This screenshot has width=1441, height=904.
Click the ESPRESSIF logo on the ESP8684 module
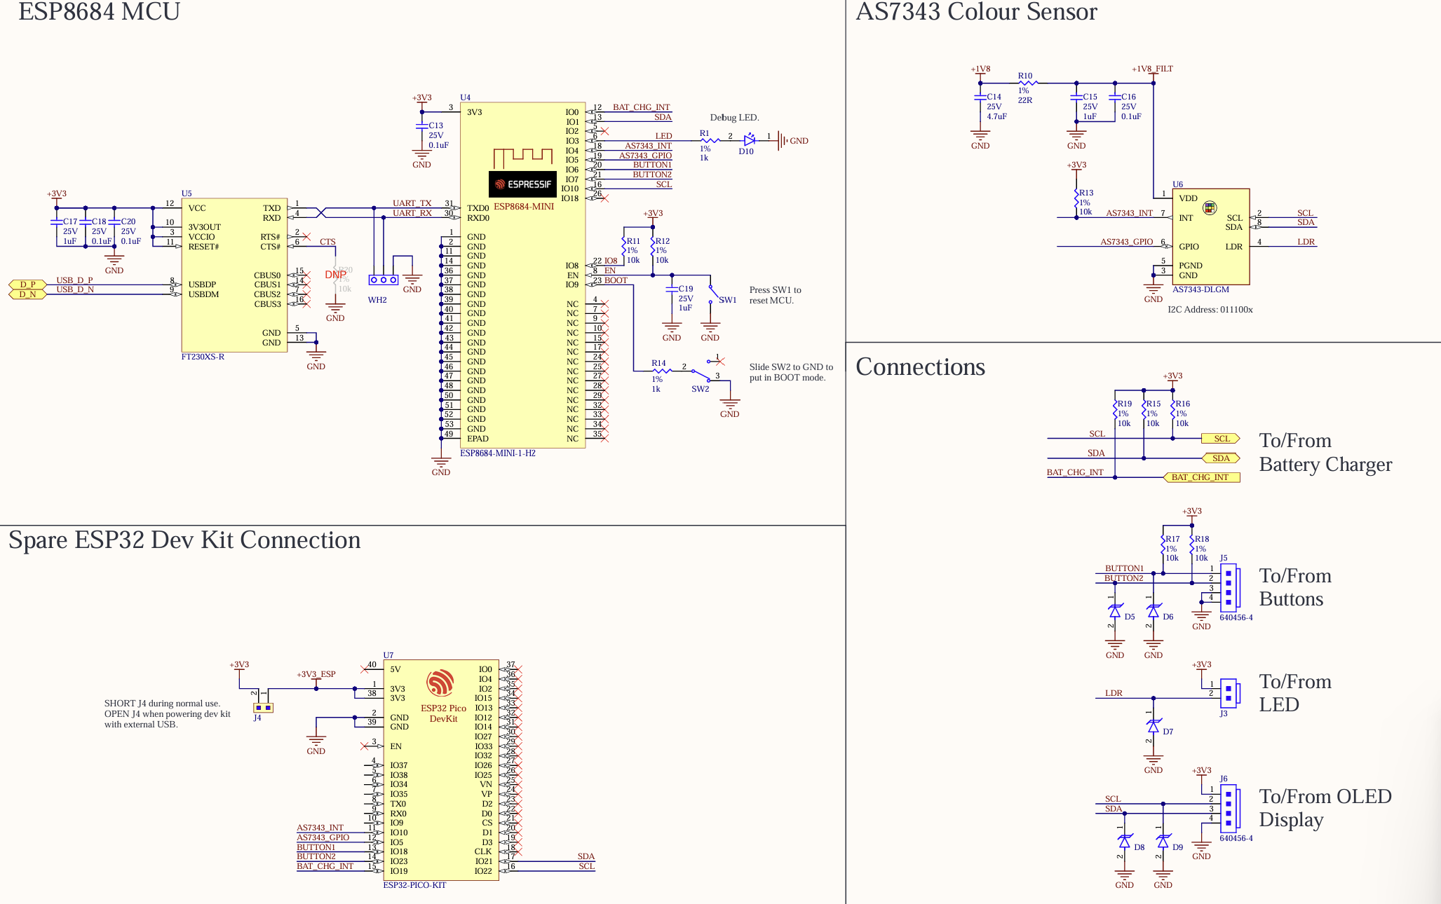pos(522,184)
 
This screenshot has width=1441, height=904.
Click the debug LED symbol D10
pos(749,141)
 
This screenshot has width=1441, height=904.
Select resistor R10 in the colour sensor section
pos(1025,83)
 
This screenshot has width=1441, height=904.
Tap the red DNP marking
pos(335,275)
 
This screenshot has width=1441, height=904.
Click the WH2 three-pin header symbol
pos(384,280)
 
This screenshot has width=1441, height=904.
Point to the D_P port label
pos(27,285)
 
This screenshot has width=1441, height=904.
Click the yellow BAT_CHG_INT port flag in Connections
pos(1200,477)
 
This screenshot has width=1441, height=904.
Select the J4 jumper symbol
pos(263,708)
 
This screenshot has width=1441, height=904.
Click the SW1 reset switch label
pos(727,300)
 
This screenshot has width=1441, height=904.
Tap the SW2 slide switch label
pos(700,389)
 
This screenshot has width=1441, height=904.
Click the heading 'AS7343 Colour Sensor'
pos(976,12)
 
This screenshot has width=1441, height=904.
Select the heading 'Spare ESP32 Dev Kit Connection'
pos(184,540)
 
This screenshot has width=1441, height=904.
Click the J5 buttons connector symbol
pos(1229,588)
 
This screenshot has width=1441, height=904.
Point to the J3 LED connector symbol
pos(1229,693)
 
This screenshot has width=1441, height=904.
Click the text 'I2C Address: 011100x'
pos(1210,310)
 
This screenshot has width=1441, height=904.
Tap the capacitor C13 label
pos(436,125)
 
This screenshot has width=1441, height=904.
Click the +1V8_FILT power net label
pos(1152,69)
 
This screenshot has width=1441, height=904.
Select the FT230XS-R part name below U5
pos(203,357)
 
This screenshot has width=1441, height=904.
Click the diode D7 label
pos(1168,732)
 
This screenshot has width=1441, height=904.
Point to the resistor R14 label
pos(658,364)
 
